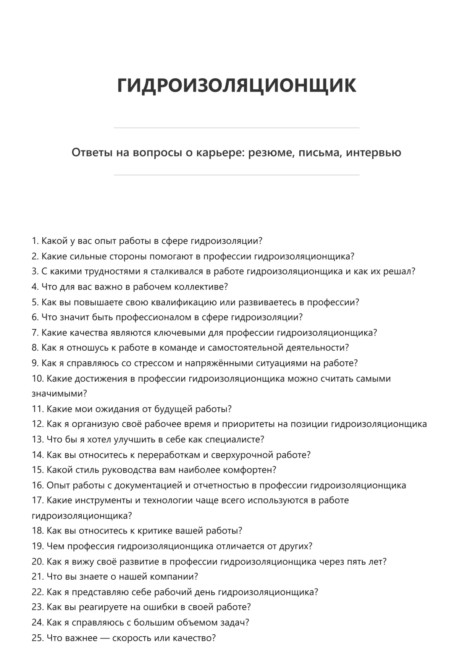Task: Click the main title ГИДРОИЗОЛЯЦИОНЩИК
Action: (x=236, y=85)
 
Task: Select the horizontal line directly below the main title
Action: (x=236, y=128)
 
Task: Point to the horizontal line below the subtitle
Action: (x=236, y=175)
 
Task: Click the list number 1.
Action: (x=35, y=241)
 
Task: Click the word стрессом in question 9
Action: (x=154, y=363)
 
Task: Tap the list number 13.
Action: (x=37, y=440)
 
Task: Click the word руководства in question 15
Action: (x=123, y=470)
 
